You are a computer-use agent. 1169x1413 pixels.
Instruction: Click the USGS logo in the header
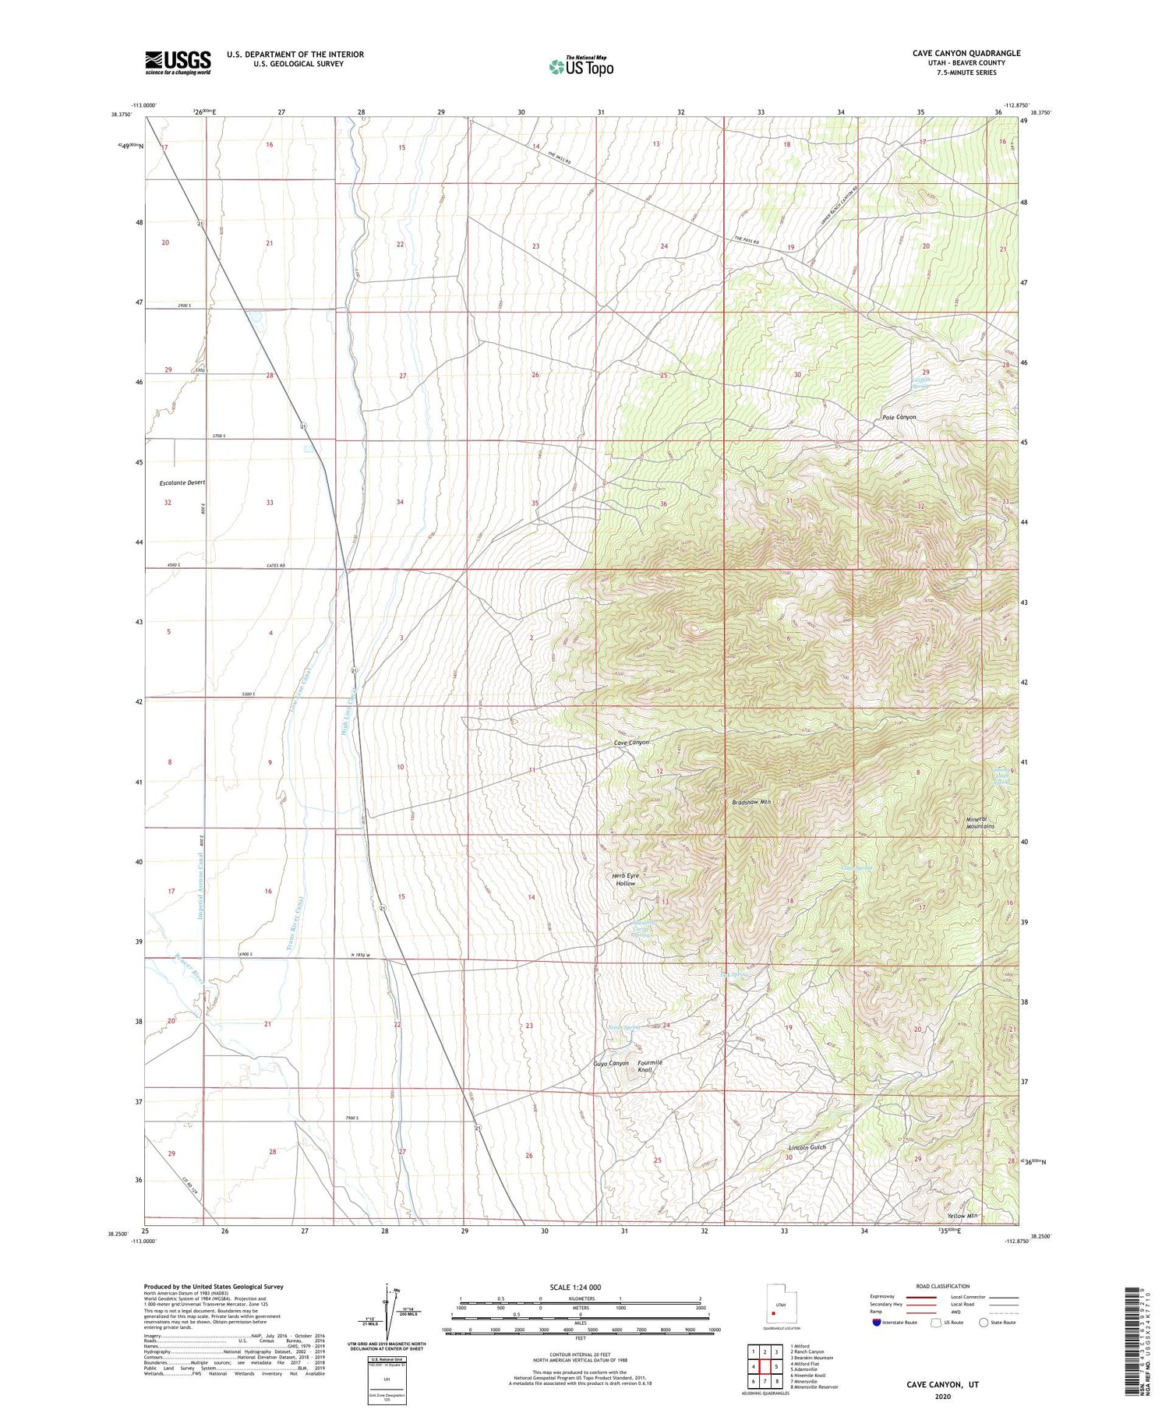[178, 62]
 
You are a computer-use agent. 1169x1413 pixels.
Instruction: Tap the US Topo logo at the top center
[581, 66]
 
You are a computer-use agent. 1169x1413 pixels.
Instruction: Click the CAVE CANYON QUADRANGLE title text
[966, 53]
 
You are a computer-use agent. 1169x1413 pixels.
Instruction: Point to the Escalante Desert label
[182, 483]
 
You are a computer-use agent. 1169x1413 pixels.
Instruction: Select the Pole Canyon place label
[899, 417]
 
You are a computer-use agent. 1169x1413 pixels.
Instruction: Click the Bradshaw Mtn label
[751, 802]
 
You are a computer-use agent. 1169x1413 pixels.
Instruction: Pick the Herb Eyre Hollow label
[625, 879]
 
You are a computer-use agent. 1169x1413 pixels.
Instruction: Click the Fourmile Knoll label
[649, 1066]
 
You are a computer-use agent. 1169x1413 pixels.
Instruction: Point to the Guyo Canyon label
[610, 1063]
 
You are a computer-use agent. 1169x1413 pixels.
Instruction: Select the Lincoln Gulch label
[807, 1147]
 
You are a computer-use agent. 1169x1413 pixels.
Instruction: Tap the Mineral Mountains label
[980, 822]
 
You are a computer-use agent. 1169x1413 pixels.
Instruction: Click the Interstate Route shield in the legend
[877, 1323]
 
